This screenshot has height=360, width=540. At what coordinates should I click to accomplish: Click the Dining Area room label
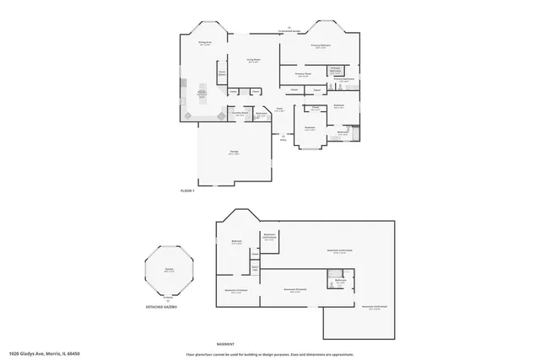pos(204,42)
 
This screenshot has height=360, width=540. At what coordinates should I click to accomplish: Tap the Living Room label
pos(253,61)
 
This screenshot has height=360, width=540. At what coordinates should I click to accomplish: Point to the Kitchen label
pos(202,93)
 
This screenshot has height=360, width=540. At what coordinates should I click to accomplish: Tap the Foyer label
pos(278,110)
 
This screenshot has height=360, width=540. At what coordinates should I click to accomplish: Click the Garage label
pos(234,153)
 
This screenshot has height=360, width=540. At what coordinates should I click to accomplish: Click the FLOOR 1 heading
pos(188,191)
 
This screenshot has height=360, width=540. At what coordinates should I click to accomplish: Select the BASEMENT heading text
pos(225,344)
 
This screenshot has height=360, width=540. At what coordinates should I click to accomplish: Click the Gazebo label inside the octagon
pos(170,270)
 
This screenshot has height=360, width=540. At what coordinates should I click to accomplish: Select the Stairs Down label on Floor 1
pos(222,73)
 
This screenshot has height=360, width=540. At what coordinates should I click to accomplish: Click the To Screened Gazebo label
pos(289,31)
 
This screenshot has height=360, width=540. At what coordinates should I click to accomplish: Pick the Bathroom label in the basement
pos(340,280)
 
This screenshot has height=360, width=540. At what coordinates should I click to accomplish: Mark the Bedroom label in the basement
pos(237,242)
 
